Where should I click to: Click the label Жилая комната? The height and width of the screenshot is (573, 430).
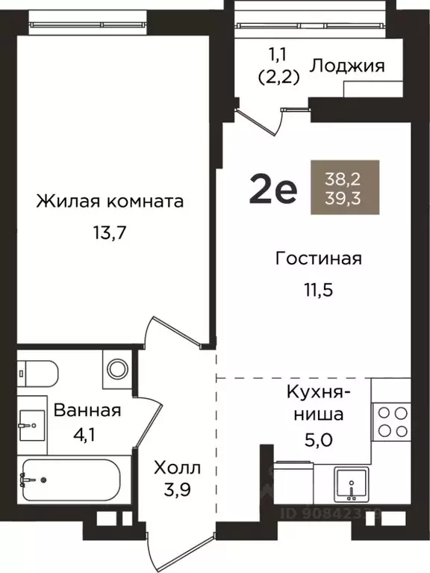pos(110,202)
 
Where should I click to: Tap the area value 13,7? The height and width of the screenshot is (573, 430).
pos(110,233)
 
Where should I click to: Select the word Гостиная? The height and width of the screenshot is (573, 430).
pos(318,258)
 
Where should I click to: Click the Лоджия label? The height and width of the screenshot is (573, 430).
pos(347,66)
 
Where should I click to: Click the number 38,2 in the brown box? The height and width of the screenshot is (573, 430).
pos(344,179)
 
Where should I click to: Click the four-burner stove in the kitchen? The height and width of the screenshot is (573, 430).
pos(392,420)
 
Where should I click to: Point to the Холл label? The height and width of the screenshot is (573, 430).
pos(177,468)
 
